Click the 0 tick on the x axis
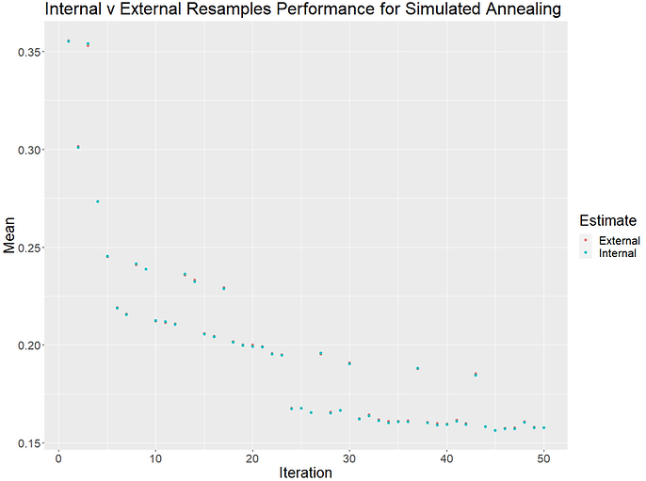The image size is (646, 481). (x=58, y=458)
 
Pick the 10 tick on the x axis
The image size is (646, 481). (x=155, y=458)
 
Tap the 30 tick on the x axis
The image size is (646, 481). (x=349, y=458)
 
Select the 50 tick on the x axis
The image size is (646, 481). (x=543, y=458)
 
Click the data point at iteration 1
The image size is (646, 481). (x=68, y=41)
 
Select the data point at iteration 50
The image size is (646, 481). (x=543, y=428)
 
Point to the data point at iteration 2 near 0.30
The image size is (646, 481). (x=78, y=147)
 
